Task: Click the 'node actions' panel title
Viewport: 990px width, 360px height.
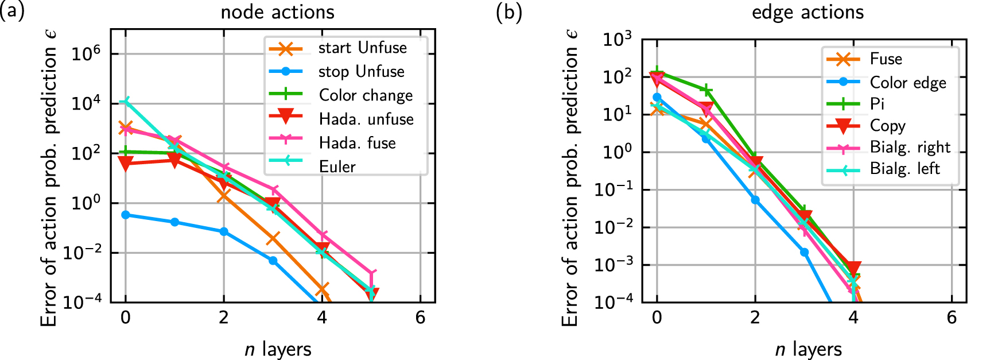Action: point(277,12)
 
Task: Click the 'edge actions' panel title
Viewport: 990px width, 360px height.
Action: point(807,12)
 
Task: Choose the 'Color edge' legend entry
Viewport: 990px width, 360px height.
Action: point(907,83)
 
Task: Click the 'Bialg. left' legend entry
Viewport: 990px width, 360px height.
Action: point(904,169)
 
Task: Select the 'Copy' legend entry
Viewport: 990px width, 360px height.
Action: point(887,126)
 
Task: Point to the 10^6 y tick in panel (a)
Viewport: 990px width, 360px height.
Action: point(86,54)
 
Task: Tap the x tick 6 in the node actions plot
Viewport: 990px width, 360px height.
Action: point(420,318)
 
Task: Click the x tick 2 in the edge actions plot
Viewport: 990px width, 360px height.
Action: point(755,318)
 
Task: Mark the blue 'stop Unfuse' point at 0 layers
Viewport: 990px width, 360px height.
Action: point(126,215)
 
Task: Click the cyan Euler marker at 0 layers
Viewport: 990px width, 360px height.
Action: point(126,102)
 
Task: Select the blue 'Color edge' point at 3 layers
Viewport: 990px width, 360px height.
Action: point(804,252)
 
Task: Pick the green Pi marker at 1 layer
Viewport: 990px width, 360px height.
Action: point(706,90)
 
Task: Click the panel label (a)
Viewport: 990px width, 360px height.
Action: point(11,12)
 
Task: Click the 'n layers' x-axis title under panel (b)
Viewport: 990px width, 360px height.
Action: point(808,349)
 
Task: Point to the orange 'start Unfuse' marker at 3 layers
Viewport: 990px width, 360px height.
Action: point(273,238)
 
